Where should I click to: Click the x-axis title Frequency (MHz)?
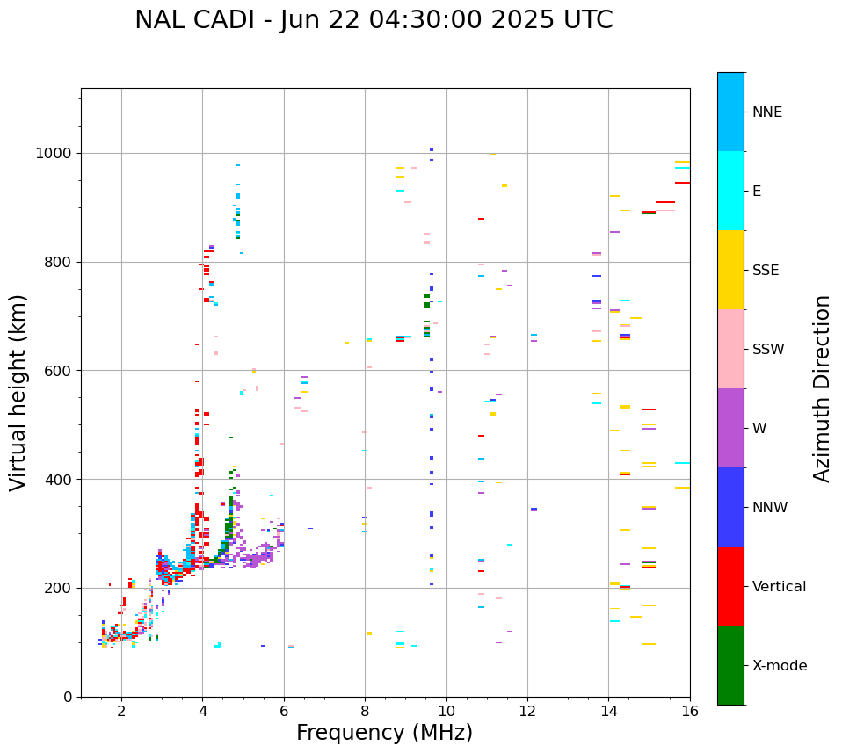(x=384, y=733)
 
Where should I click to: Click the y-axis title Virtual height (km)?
(x=18, y=393)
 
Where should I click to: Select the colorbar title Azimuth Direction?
(x=822, y=388)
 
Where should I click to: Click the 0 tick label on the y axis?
(x=68, y=697)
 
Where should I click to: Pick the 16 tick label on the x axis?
(x=690, y=711)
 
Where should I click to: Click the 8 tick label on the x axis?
(x=365, y=711)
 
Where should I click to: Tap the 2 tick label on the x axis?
(x=121, y=711)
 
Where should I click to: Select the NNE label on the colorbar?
(x=766, y=112)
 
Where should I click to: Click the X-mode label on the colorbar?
(x=779, y=666)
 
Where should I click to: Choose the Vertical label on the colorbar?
(x=779, y=587)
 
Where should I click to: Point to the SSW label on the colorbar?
(x=768, y=350)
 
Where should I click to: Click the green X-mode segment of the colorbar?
(x=730, y=665)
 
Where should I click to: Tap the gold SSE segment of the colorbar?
(x=730, y=270)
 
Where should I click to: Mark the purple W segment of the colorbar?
(x=730, y=428)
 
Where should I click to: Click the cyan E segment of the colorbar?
(x=730, y=191)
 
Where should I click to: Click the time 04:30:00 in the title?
(x=391, y=20)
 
